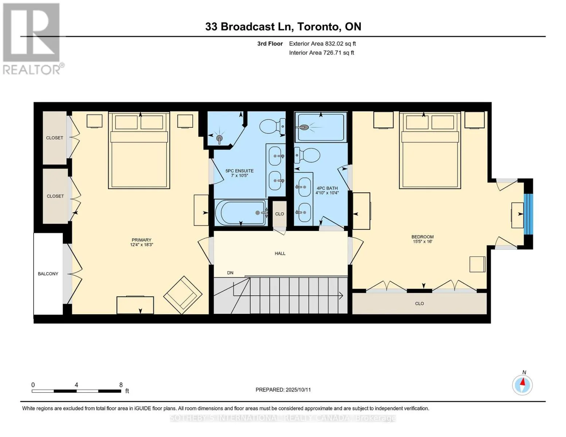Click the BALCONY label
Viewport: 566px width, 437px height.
[48, 274]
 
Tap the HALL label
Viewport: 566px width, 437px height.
[280, 253]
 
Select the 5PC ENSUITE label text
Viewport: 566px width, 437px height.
[239, 171]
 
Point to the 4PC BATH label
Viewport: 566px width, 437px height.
[327, 188]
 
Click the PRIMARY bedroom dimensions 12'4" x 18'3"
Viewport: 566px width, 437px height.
[141, 245]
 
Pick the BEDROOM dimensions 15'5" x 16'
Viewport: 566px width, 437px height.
[422, 241]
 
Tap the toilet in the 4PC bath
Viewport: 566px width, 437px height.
[307, 155]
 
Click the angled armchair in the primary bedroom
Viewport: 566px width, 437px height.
[183, 295]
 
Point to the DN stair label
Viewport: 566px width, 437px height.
[230, 273]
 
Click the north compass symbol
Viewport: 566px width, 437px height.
[522, 385]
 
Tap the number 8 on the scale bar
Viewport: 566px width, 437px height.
[121, 385]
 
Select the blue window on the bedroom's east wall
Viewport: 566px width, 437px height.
[528, 214]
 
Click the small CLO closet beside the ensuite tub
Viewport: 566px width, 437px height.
[280, 214]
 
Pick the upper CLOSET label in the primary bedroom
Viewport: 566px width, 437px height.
[55, 138]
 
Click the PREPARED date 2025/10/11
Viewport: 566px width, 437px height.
[298, 390]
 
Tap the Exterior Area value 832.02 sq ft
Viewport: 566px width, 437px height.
[340, 44]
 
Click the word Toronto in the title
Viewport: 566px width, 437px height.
[319, 27]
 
